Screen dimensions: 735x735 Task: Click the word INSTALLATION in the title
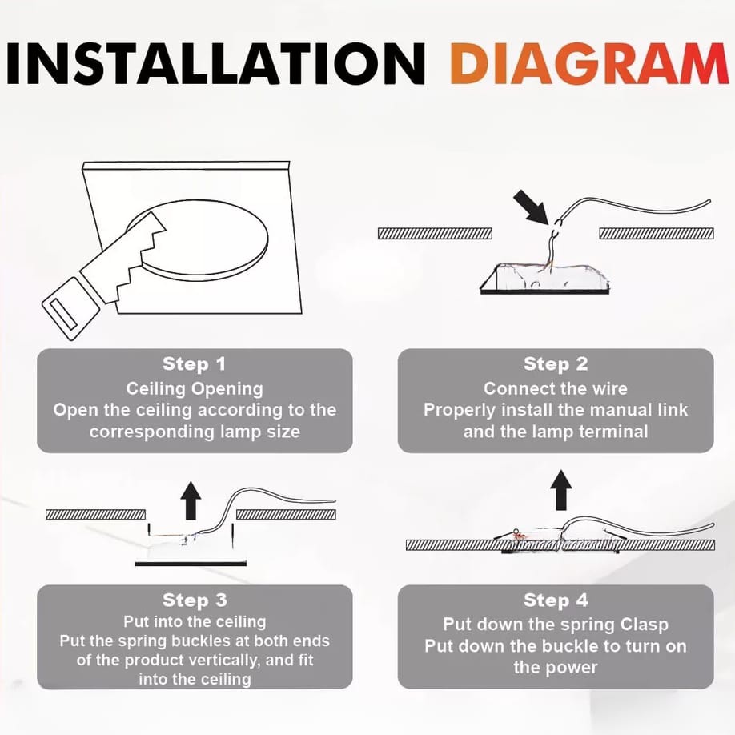(x=216, y=63)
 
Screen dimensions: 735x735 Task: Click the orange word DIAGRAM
(x=591, y=63)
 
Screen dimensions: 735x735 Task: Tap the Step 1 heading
(x=194, y=364)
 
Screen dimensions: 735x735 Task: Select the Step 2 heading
(x=556, y=364)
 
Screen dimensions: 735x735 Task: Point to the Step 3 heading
(x=195, y=600)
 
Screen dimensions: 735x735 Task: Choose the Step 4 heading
(x=556, y=600)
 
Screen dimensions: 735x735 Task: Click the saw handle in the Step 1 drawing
(x=70, y=307)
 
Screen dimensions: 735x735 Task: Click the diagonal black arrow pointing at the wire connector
(x=531, y=207)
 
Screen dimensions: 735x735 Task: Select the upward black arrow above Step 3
(x=191, y=500)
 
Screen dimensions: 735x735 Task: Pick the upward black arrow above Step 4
(x=560, y=490)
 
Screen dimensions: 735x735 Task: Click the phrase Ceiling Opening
(x=195, y=389)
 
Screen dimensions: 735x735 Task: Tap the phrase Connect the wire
(x=556, y=388)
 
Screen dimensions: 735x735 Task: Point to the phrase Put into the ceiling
(x=195, y=622)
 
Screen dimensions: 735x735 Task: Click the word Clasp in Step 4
(x=645, y=625)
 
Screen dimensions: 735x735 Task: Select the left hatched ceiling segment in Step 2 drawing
(x=435, y=234)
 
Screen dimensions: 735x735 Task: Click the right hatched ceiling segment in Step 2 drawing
(x=657, y=234)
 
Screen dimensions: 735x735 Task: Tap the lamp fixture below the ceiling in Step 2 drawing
(x=544, y=279)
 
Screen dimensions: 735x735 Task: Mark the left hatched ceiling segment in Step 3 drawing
(x=95, y=515)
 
